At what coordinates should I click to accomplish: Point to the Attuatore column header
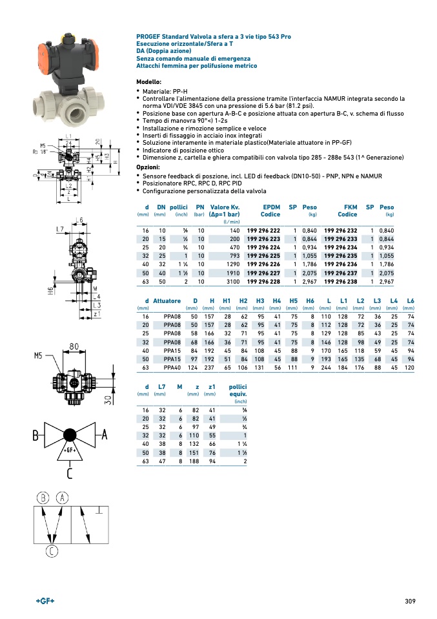[167, 301]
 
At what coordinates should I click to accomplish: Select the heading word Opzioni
[147, 167]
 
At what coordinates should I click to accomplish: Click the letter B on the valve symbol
[37, 435]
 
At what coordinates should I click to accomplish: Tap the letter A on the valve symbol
[104, 435]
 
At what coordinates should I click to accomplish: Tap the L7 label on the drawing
[59, 230]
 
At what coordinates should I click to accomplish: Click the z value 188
[193, 461]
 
